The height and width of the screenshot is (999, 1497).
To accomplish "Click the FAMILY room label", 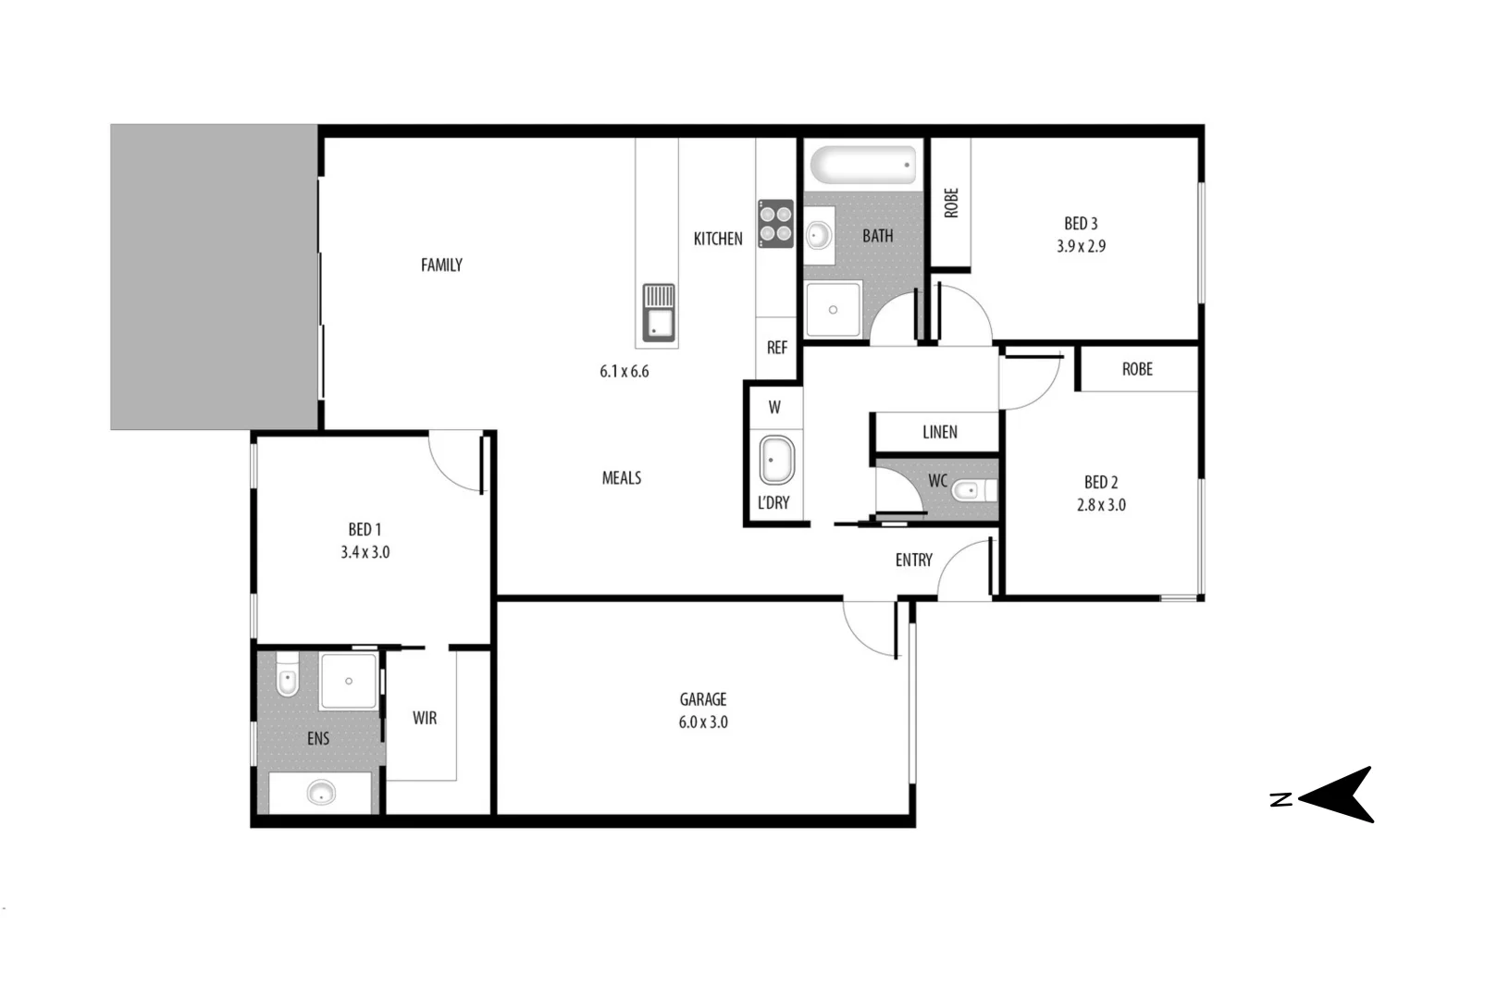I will pyautogui.click(x=441, y=265).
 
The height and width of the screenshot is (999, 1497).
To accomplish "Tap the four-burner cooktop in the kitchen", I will pyautogui.click(x=775, y=223).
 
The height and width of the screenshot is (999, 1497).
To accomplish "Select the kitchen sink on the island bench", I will pyautogui.click(x=658, y=314).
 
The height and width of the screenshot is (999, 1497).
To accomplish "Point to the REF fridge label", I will pyautogui.click(x=777, y=348).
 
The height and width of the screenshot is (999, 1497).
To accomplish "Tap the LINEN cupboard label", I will pyautogui.click(x=939, y=432).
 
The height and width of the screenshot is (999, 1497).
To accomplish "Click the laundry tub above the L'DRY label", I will pyautogui.click(x=776, y=460).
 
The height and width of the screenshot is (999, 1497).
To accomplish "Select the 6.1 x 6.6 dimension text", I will pyautogui.click(x=625, y=372).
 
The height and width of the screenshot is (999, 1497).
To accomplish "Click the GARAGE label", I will pyautogui.click(x=703, y=699).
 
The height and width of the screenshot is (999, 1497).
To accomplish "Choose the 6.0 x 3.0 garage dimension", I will pyautogui.click(x=703, y=722).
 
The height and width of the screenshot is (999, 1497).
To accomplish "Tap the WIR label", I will pyautogui.click(x=425, y=718).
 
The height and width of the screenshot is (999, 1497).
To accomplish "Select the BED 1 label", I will pyautogui.click(x=365, y=530).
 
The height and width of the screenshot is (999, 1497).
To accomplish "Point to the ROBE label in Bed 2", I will pyautogui.click(x=1137, y=369).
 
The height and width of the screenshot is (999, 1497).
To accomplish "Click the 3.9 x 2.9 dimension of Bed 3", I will pyautogui.click(x=1081, y=246).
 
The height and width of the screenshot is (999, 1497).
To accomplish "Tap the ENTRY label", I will pyautogui.click(x=913, y=560).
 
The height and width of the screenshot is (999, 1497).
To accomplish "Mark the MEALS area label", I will pyautogui.click(x=622, y=478).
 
